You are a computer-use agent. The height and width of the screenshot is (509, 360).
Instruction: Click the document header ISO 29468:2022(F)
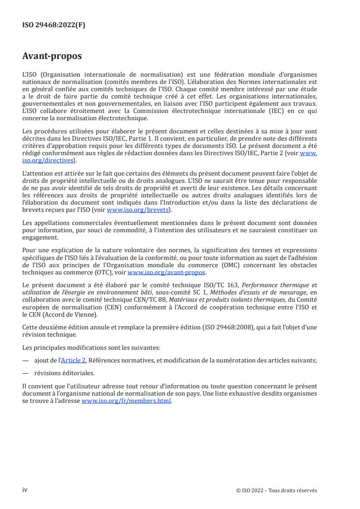[54, 25]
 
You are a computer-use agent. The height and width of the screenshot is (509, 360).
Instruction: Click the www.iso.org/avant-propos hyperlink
[167, 272]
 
